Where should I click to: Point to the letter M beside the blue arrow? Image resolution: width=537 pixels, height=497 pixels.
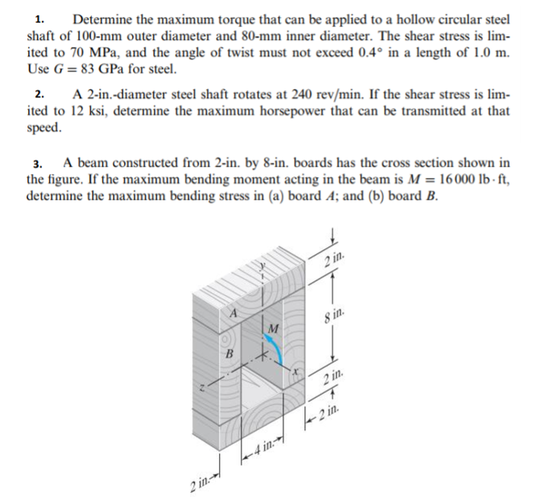274,328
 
